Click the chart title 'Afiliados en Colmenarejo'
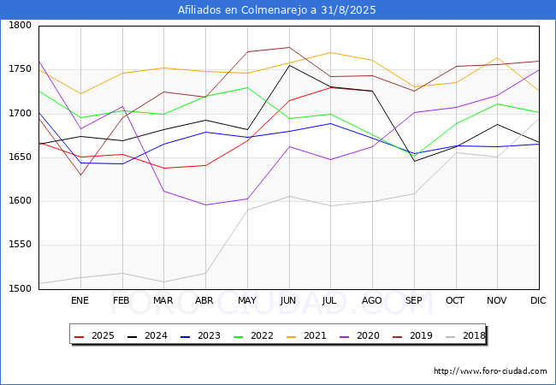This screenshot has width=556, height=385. [277, 10]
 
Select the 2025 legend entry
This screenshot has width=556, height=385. [96, 336]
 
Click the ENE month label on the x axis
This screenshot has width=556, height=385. [80, 300]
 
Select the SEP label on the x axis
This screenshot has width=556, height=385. [414, 300]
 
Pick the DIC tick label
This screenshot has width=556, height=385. [538, 300]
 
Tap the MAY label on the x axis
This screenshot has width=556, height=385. [246, 300]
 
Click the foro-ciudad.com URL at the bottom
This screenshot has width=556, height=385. [490, 371]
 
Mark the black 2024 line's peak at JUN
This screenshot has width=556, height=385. [288, 65]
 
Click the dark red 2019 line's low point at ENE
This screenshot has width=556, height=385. [80, 175]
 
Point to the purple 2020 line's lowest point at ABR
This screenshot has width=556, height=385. [205, 204]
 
